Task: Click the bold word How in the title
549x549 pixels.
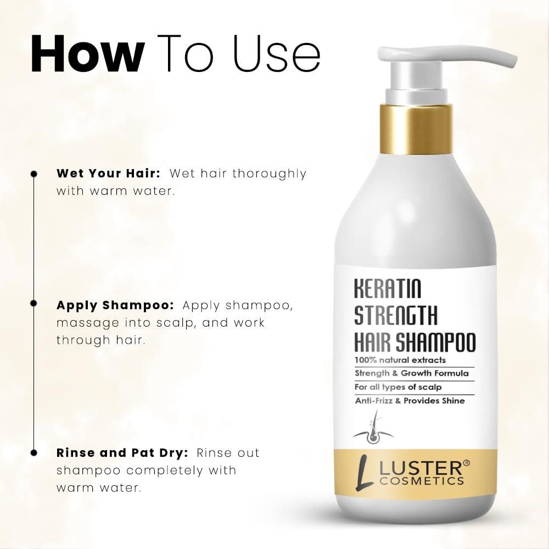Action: click(86, 54)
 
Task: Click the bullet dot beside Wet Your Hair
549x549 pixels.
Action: click(33, 173)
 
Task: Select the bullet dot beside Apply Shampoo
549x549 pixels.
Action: click(33, 303)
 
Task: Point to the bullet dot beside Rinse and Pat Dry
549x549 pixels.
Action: click(33, 453)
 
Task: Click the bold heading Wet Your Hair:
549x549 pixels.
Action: click(108, 173)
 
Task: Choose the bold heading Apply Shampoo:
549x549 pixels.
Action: click(115, 305)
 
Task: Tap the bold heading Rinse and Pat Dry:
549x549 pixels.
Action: click(122, 453)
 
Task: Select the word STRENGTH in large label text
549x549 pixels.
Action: click(396, 316)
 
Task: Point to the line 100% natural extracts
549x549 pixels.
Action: click(400, 360)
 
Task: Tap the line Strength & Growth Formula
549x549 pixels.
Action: click(411, 374)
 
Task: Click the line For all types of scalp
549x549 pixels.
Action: click(398, 387)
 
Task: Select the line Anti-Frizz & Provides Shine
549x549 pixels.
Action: click(410, 401)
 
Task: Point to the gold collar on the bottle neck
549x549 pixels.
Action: click(416, 128)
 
